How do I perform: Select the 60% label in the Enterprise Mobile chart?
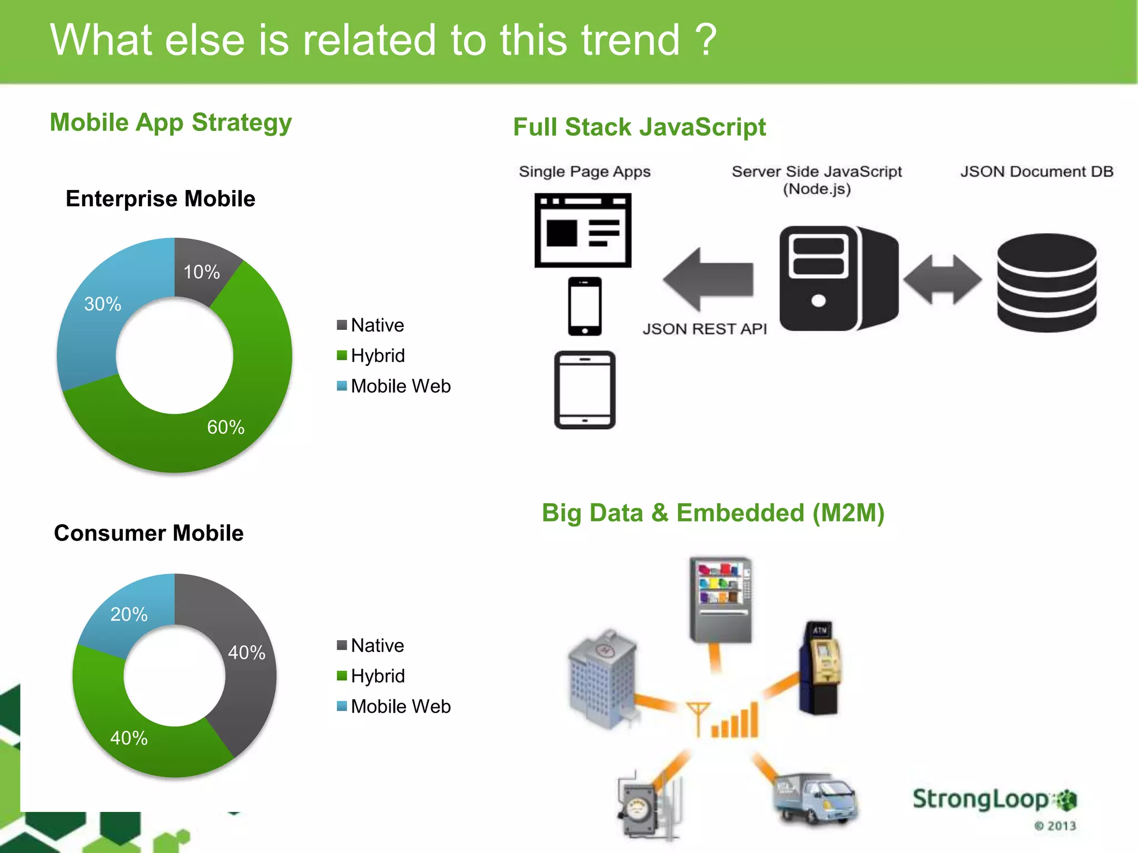226,427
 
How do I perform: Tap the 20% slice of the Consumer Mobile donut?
129,614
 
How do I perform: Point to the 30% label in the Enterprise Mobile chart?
103,304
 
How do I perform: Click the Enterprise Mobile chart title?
160,199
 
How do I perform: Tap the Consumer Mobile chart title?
148,533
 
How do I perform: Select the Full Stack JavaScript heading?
639,127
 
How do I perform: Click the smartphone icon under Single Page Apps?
585,306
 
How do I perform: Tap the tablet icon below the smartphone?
585,390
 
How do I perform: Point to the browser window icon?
582,230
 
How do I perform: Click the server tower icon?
838,278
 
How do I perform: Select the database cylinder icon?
1046,283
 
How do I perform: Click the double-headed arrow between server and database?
942,279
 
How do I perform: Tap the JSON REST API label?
705,329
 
